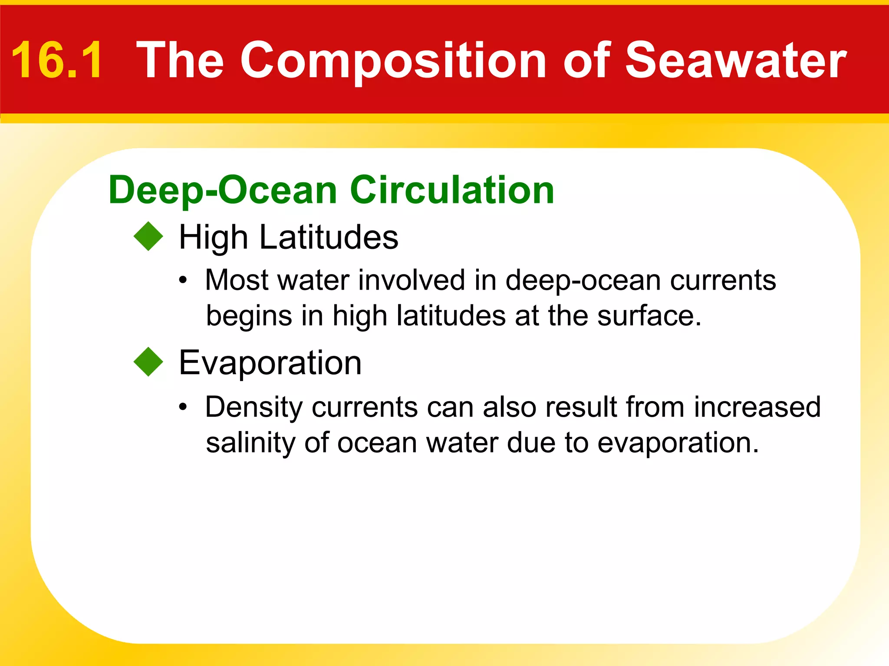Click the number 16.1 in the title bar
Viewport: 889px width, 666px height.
[x=57, y=60]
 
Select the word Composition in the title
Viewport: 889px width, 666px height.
[x=393, y=61]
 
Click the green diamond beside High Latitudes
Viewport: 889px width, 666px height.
[x=148, y=236]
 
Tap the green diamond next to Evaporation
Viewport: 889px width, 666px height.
[x=148, y=362]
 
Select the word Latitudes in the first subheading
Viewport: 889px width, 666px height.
[x=329, y=237]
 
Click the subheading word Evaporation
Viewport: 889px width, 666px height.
[x=270, y=362]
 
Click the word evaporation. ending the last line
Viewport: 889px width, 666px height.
[x=678, y=443]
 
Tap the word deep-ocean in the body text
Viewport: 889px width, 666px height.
[x=583, y=281]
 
